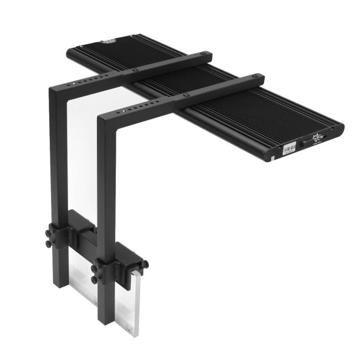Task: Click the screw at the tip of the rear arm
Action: coord(206,54)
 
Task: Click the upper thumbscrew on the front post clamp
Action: coord(95,258)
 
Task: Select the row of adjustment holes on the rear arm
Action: coord(83,82)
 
